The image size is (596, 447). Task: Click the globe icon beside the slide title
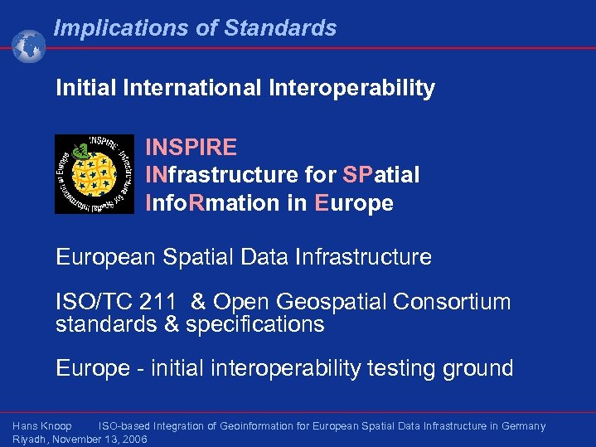click(29, 46)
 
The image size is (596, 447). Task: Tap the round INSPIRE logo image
click(94, 174)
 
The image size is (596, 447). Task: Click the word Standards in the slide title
click(279, 28)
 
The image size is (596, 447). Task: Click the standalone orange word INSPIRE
click(191, 148)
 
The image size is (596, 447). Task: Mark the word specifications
click(255, 324)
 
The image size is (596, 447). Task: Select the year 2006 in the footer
click(133, 439)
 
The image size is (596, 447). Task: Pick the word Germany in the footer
click(521, 426)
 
